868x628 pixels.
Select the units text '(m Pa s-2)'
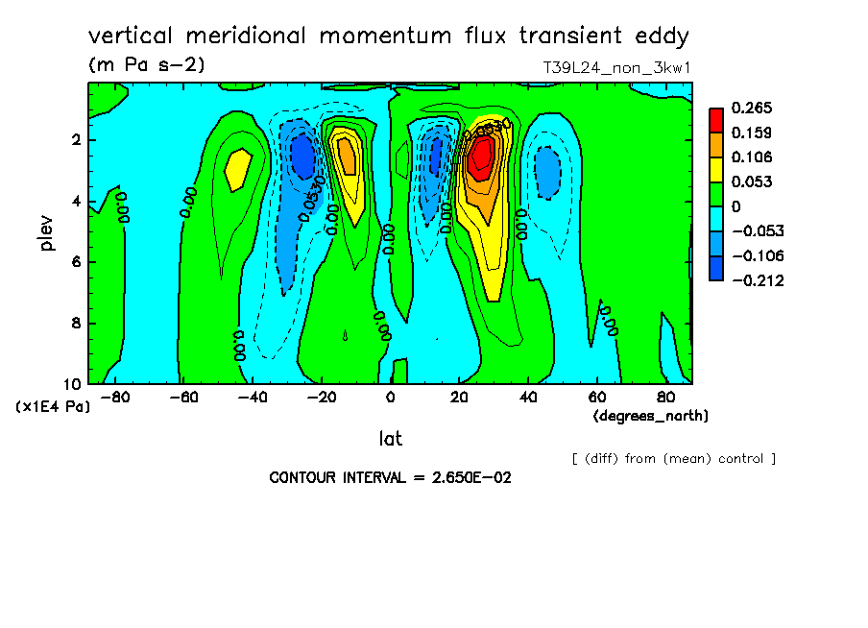pyautogui.click(x=146, y=65)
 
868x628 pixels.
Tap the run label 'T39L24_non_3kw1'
pyautogui.click(x=617, y=68)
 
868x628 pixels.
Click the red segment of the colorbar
pyautogui.click(x=715, y=119)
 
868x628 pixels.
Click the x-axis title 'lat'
pyautogui.click(x=390, y=439)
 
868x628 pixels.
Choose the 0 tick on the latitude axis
pyautogui.click(x=390, y=397)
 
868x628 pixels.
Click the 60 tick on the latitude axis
pyautogui.click(x=596, y=397)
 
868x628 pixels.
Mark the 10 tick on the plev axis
pyautogui.click(x=73, y=383)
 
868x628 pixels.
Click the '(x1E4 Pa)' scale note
pyautogui.click(x=53, y=407)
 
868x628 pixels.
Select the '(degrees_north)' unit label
pyautogui.click(x=651, y=416)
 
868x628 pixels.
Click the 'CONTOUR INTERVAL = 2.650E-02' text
pyautogui.click(x=390, y=477)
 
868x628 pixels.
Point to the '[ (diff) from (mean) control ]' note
pyautogui.click(x=674, y=458)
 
